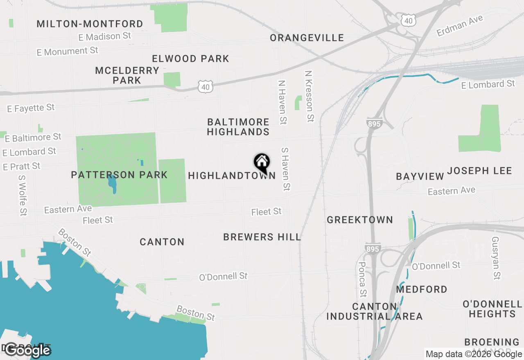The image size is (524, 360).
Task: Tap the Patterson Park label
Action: pyautogui.click(x=119, y=175)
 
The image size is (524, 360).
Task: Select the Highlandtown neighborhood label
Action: pyautogui.click(x=232, y=176)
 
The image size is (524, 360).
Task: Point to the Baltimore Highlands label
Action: pyautogui.click(x=238, y=127)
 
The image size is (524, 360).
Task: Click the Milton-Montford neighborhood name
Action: pyautogui.click(x=90, y=24)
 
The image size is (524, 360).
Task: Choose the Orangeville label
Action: pyautogui.click(x=307, y=38)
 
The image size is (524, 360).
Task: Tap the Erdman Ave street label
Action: pyautogui.click(x=460, y=26)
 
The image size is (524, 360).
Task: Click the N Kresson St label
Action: pyautogui.click(x=309, y=96)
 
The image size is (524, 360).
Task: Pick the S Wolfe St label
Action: pyautogui.click(x=22, y=196)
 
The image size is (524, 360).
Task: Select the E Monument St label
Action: pyautogui.click(x=68, y=52)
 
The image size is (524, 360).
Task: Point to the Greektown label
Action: pyautogui.click(x=360, y=220)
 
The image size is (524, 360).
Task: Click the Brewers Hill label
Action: pyautogui.click(x=262, y=237)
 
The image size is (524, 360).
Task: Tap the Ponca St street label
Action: pyautogui.click(x=362, y=279)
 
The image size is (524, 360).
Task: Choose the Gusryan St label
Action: pyautogui.click(x=496, y=258)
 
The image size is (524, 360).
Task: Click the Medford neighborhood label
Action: pyautogui.click(x=422, y=290)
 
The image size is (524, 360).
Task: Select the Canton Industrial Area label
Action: pyautogui.click(x=375, y=311)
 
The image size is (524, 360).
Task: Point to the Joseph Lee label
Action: pyautogui.click(x=479, y=171)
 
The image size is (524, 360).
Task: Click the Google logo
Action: pyautogui.click(x=28, y=350)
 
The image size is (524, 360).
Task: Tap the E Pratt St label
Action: pyautogui.click(x=22, y=166)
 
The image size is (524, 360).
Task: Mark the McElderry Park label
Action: pyautogui.click(x=127, y=75)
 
